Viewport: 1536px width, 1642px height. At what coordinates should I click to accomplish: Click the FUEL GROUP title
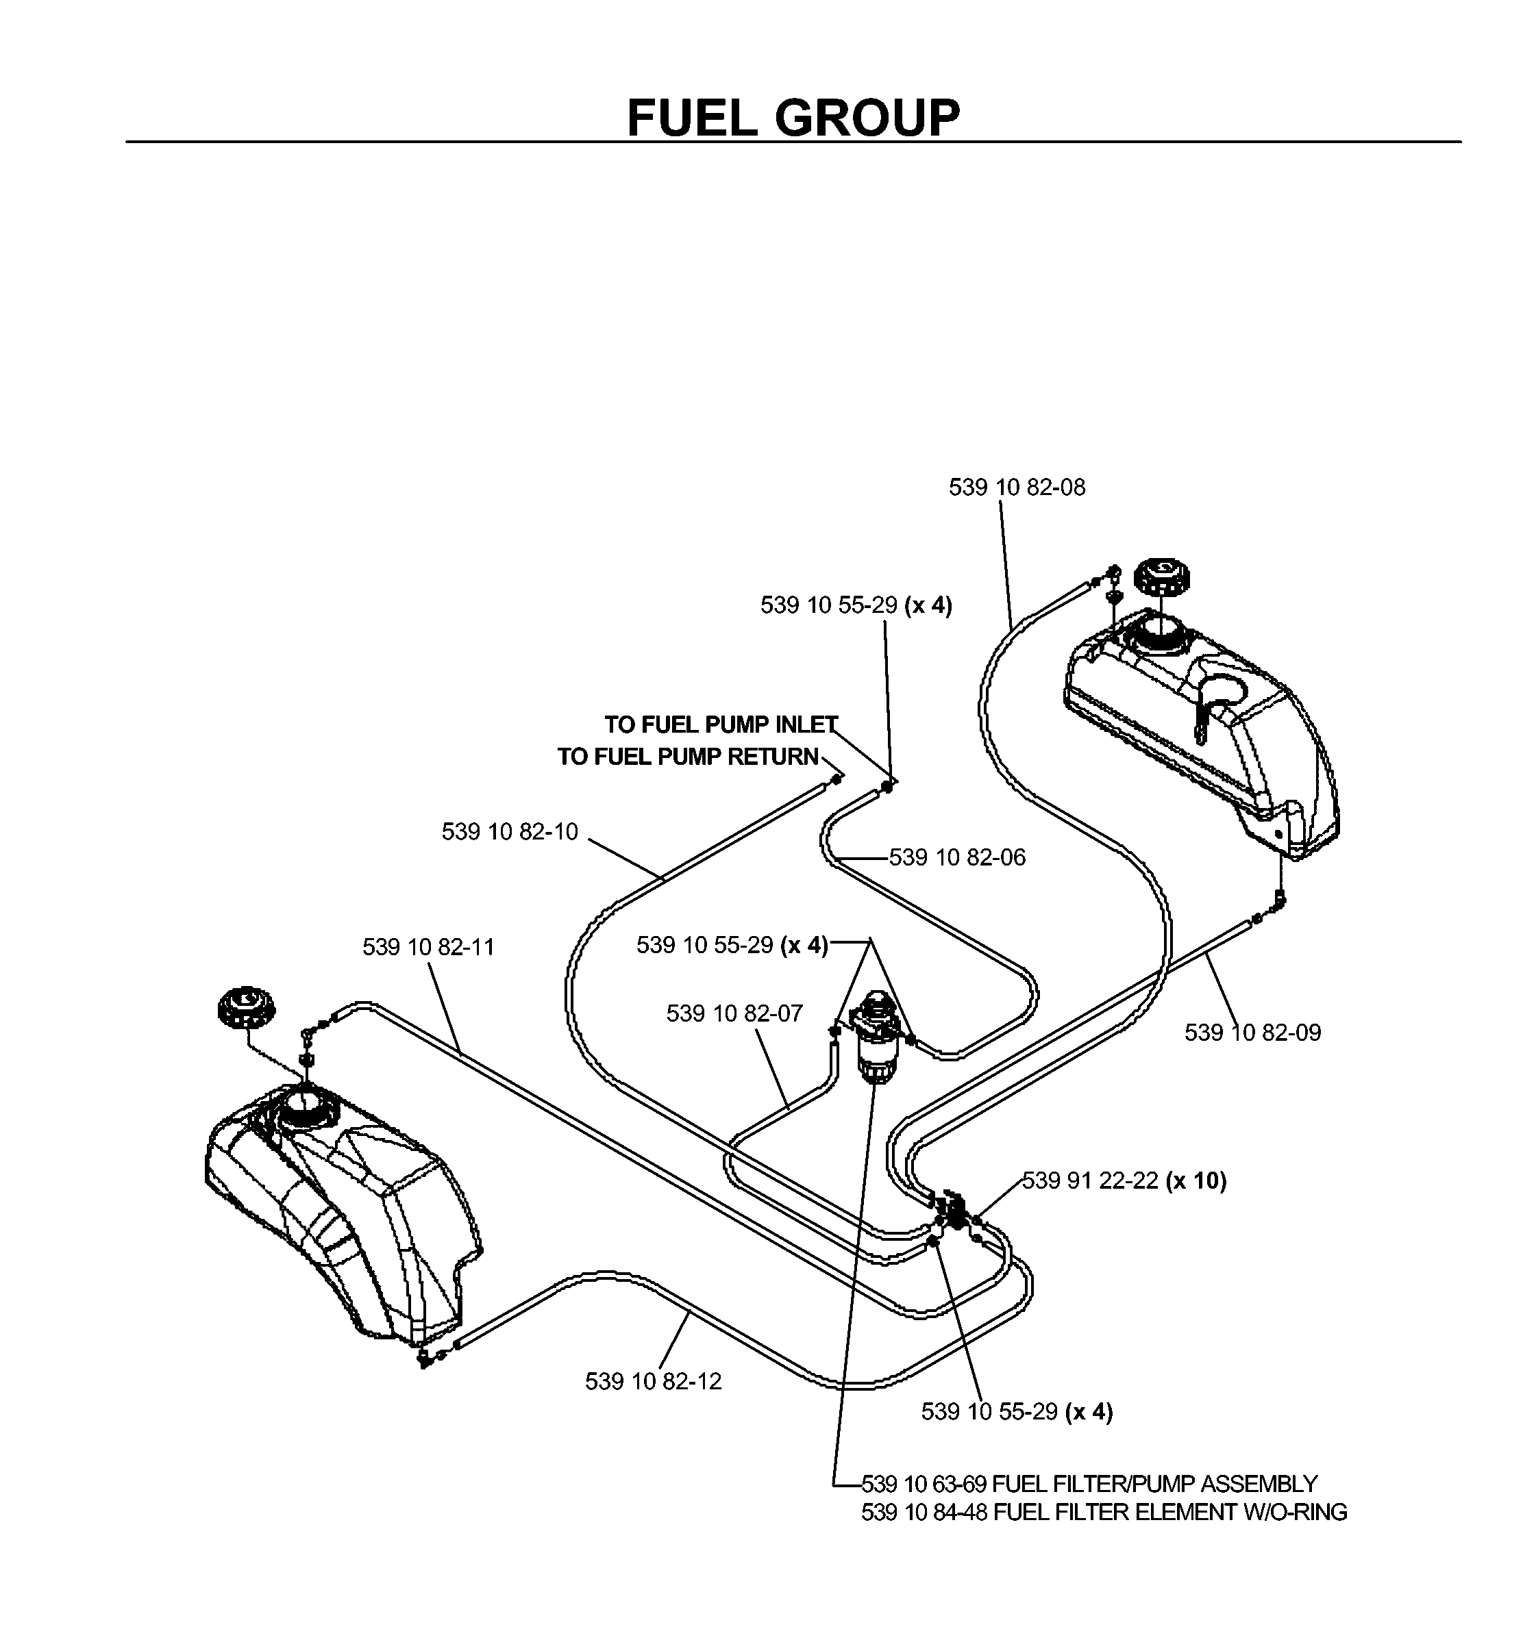coord(793,117)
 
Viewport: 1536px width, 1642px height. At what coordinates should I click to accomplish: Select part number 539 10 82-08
coord(1016,488)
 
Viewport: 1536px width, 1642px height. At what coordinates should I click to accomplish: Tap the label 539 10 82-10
coord(510,832)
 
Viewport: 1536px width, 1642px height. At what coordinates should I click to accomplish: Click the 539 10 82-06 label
coord(957,857)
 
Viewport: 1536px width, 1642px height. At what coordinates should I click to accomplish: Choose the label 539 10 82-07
coord(734,1013)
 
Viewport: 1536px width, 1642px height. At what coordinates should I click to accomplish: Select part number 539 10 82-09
coord(1252,1033)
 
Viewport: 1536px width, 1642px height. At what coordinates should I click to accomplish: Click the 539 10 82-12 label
coord(654,1381)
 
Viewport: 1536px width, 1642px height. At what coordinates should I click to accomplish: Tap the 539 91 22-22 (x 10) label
coord(1124,1181)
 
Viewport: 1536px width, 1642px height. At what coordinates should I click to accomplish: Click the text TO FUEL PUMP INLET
coord(721,724)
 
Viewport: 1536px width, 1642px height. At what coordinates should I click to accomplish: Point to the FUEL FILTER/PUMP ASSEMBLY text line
coord(1089,1485)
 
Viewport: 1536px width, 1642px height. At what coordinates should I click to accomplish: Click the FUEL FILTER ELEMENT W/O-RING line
coord(1104,1513)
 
